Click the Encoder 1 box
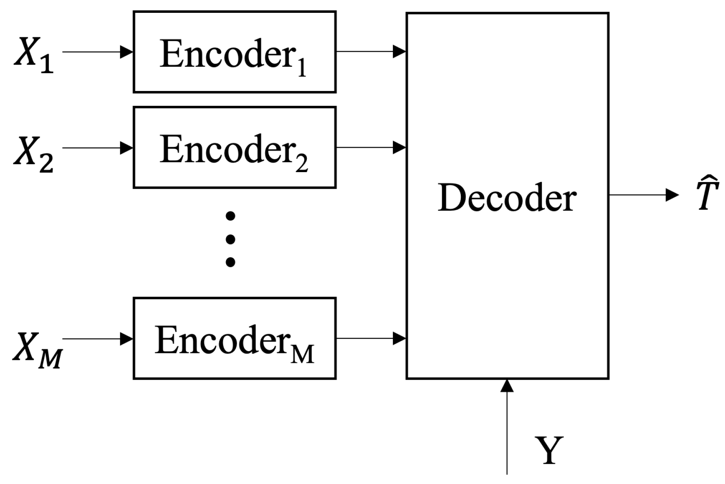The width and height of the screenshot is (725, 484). click(x=234, y=52)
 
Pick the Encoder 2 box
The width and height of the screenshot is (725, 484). click(x=234, y=147)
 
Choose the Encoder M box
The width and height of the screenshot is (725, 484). click(x=234, y=338)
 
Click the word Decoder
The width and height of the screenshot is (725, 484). click(x=507, y=198)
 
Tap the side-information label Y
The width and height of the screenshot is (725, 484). click(x=549, y=451)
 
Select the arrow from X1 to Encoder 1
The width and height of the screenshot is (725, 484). click(x=97, y=52)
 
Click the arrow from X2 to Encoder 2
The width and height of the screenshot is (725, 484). click(x=97, y=148)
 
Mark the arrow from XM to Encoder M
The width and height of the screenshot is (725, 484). click(x=97, y=339)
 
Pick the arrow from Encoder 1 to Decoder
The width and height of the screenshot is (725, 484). click(x=371, y=52)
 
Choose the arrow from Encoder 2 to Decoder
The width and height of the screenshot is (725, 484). click(x=371, y=147)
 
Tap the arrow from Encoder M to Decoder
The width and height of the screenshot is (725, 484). click(x=371, y=338)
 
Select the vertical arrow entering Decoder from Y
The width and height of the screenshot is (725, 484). click(x=507, y=426)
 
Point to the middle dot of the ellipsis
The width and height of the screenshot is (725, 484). click(x=230, y=239)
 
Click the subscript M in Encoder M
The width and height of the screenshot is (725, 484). click(x=302, y=354)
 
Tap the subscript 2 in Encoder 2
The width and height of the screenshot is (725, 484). click(x=301, y=164)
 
